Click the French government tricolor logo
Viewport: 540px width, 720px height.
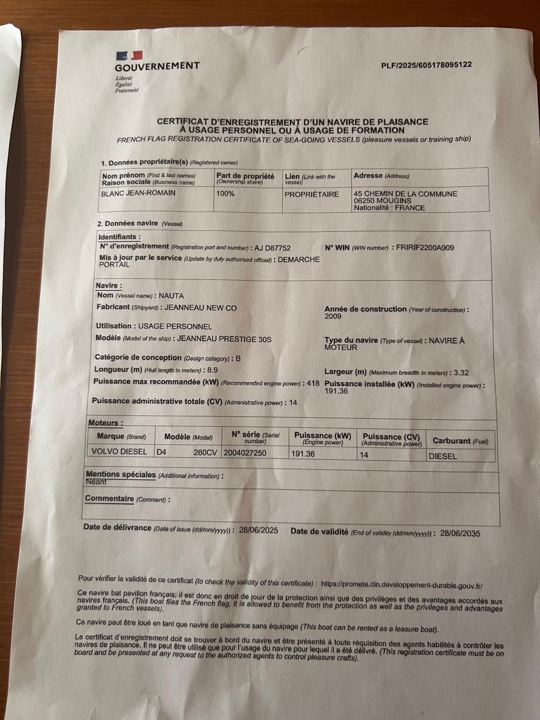(130, 56)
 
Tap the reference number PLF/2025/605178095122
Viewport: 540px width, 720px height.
(426, 65)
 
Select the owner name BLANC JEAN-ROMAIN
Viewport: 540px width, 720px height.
(138, 193)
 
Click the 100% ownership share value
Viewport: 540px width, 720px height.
(225, 193)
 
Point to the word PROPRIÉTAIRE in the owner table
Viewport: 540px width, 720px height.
(311, 194)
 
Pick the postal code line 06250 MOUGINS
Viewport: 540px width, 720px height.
(382, 201)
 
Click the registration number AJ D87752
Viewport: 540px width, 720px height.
(272, 248)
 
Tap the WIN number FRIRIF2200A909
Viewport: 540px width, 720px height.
(425, 247)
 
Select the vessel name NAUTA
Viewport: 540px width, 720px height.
(171, 296)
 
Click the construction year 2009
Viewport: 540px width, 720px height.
(333, 316)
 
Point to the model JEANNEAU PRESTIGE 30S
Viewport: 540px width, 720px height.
(224, 339)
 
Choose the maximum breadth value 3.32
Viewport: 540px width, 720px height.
(461, 373)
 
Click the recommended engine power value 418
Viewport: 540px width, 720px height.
(313, 383)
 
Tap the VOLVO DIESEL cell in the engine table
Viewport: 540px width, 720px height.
(119, 451)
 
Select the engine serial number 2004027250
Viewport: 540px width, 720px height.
(245, 453)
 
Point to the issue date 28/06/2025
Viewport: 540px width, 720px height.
(258, 530)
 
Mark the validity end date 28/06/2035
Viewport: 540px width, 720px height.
(460, 533)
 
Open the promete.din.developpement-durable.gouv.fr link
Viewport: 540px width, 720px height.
(402, 585)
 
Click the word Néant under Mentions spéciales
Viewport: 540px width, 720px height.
(96, 482)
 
